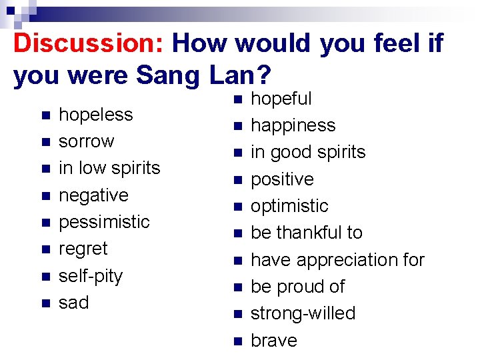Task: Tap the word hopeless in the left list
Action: [x=95, y=115]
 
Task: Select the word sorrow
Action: [x=86, y=141]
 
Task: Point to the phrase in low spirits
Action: [x=109, y=168]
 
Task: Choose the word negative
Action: [x=93, y=195]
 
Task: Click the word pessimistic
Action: [x=104, y=222]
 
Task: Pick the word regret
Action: [x=83, y=249]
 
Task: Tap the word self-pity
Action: [x=91, y=276]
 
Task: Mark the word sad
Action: [x=73, y=303]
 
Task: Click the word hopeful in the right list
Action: [x=281, y=99]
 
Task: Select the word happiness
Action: [x=293, y=125]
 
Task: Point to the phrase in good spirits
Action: [x=307, y=152]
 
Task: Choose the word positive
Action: [x=281, y=179]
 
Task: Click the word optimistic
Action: [x=289, y=206]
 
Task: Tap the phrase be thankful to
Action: [x=306, y=233]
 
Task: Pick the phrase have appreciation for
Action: [x=337, y=260]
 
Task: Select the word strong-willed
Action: [x=303, y=313]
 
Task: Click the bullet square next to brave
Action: [x=237, y=341]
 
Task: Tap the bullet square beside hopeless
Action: [x=45, y=115]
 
